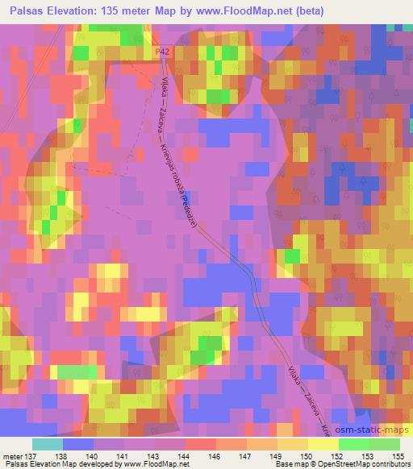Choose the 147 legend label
click(238, 455)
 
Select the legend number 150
click(299, 455)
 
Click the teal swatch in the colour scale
click(47, 444)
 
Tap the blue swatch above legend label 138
click(77, 444)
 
